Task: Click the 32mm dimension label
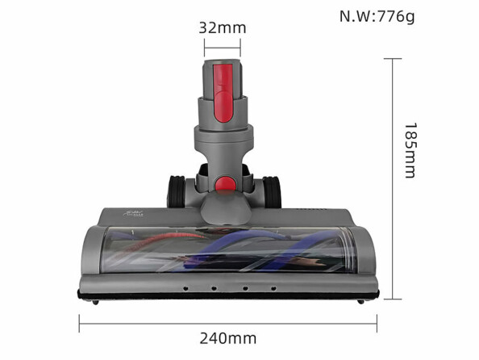[x=222, y=27]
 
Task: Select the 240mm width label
[x=227, y=337]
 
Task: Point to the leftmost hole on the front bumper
[x=185, y=287]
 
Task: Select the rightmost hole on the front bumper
[x=273, y=287]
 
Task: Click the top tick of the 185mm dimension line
[x=393, y=59]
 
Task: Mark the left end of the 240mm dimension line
[x=79, y=322]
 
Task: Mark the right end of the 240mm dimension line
[x=376, y=322]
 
